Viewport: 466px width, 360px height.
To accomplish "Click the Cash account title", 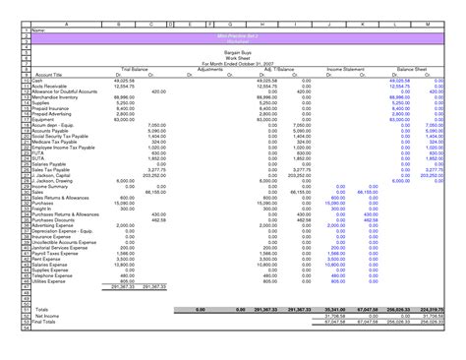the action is (35, 82).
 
